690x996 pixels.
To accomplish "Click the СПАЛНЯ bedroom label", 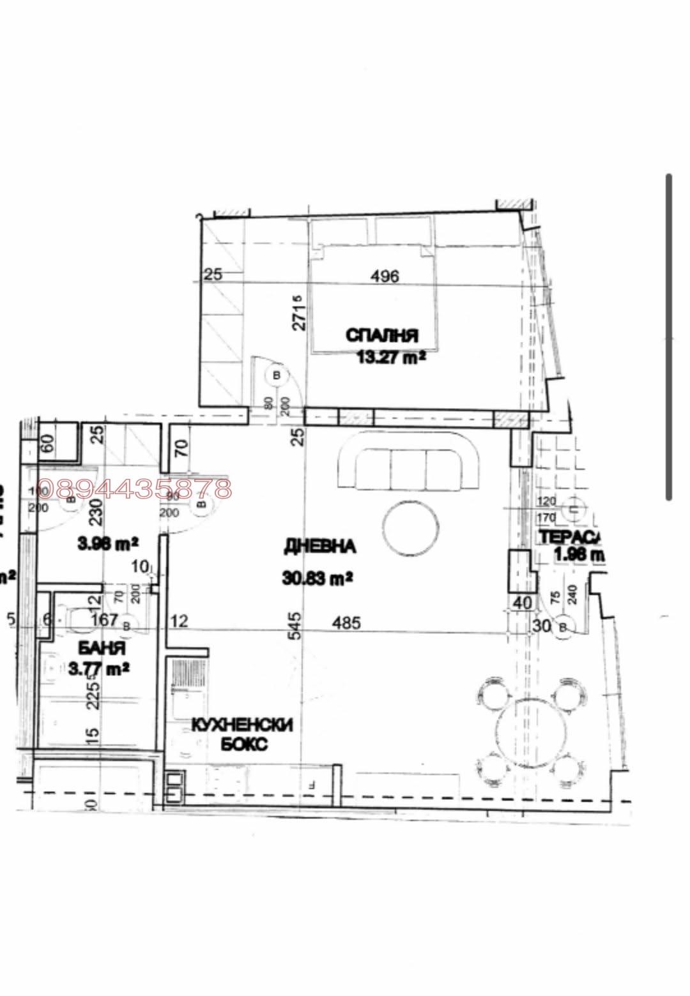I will click(x=382, y=335).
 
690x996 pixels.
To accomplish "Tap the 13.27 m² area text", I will click(x=391, y=356).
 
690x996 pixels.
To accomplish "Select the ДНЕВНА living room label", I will click(x=319, y=547).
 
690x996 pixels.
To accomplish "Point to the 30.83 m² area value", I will click(x=318, y=578).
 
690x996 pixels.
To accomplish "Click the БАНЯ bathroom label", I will click(x=102, y=649).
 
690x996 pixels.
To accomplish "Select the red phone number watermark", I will click(x=135, y=489).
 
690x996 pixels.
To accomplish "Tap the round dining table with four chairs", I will click(x=530, y=732).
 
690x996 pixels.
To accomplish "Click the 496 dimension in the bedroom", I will click(x=385, y=276).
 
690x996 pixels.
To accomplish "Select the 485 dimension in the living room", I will click(x=346, y=622).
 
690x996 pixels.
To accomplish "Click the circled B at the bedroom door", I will click(x=277, y=375).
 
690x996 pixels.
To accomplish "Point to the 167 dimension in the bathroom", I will click(x=104, y=620).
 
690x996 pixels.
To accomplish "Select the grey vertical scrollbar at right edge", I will click(x=669, y=336).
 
